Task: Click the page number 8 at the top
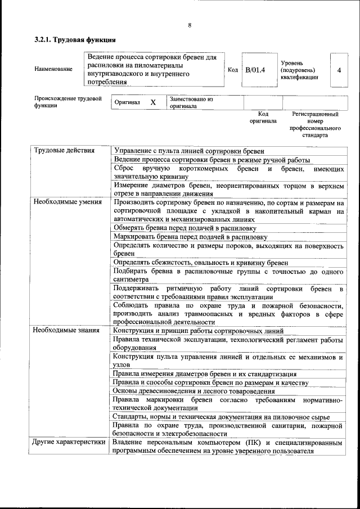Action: pos(190,25)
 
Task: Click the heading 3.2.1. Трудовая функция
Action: pos(75,40)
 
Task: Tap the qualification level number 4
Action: pos(339,70)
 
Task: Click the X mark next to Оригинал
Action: pos(152,103)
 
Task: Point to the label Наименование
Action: pos(53,69)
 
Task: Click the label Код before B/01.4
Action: pos(232,70)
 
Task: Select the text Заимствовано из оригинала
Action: pos(191,102)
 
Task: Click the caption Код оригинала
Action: pos(263,117)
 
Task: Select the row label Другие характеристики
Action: pos(69,442)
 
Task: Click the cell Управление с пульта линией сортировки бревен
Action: pos(189,151)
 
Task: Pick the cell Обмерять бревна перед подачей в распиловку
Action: pos(185,228)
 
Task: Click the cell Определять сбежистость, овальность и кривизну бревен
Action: pos(201,263)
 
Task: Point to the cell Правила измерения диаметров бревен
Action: pos(205,373)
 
